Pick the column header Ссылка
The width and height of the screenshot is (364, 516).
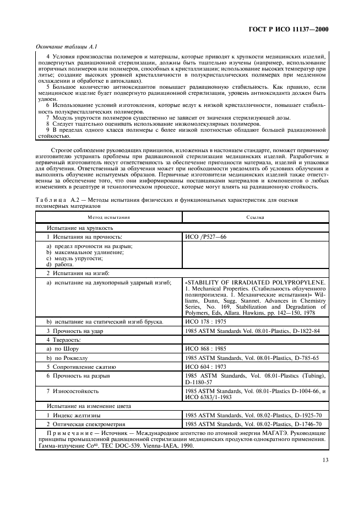(255, 217)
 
